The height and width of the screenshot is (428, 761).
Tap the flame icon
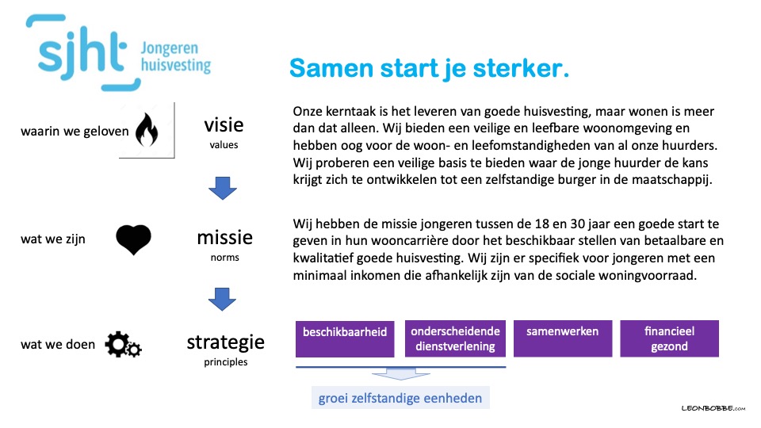click(x=147, y=130)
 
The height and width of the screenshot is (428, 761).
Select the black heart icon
click(x=133, y=239)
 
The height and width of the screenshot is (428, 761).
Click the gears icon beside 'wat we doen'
click(x=124, y=345)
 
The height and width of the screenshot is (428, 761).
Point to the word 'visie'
click(x=224, y=125)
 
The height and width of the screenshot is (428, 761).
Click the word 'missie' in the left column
click(x=224, y=238)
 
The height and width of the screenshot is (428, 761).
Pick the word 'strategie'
click(x=226, y=343)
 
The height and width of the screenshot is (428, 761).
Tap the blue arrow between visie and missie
click(x=223, y=189)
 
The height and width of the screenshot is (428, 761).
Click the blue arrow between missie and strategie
click(x=222, y=300)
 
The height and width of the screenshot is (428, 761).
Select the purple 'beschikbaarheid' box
click(x=345, y=338)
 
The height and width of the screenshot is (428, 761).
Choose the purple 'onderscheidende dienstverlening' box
click(x=455, y=338)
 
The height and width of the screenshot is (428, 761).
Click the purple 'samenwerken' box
click(x=563, y=338)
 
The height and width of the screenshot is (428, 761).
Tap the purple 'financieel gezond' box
click(x=669, y=338)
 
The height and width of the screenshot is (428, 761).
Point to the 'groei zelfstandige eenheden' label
click(x=400, y=398)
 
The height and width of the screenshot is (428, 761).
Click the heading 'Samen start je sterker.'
click(x=429, y=68)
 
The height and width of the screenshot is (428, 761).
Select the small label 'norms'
click(x=224, y=258)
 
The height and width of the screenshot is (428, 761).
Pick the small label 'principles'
click(x=226, y=362)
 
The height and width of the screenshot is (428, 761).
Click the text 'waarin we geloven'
click(x=75, y=132)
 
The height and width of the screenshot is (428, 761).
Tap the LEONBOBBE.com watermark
click(x=713, y=409)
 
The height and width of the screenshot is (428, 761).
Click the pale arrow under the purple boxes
click(x=401, y=374)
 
